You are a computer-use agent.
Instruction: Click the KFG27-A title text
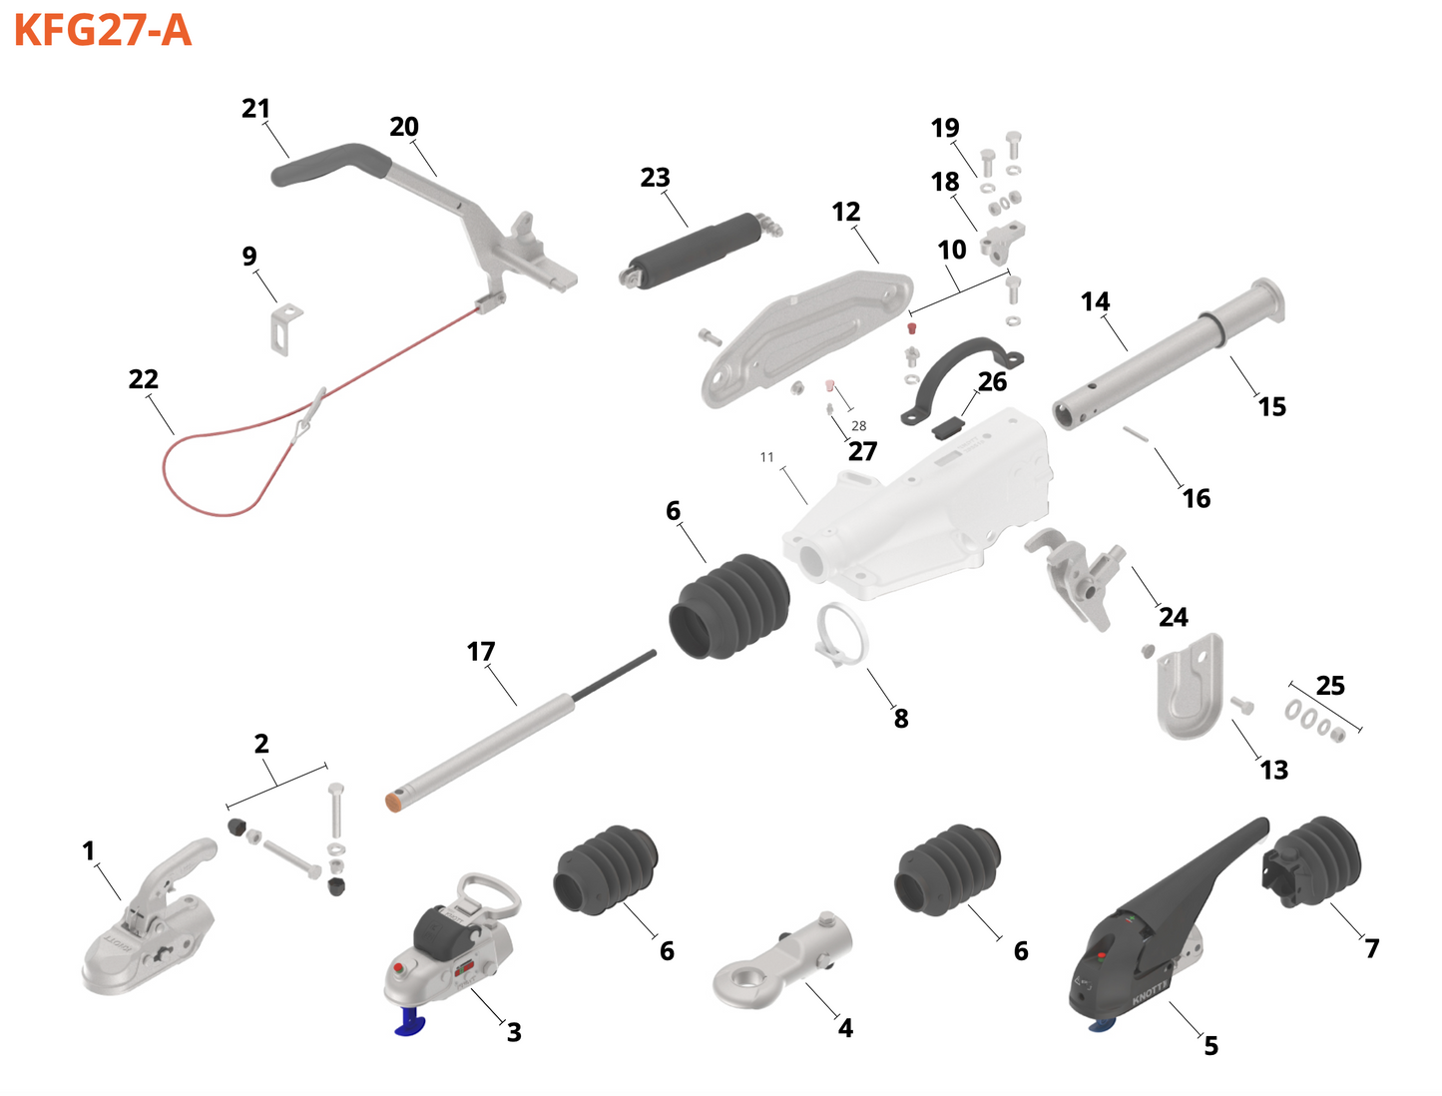[102, 30]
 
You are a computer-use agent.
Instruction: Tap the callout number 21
[255, 108]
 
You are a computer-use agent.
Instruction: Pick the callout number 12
[845, 212]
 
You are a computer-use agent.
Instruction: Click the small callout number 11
[766, 457]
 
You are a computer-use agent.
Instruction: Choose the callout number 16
[1196, 498]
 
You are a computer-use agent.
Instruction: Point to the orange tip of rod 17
[395, 800]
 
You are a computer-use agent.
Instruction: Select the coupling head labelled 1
[150, 928]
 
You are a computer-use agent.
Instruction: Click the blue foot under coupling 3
[410, 1022]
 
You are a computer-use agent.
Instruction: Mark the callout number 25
[1329, 686]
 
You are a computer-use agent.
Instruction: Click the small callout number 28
[858, 426]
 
